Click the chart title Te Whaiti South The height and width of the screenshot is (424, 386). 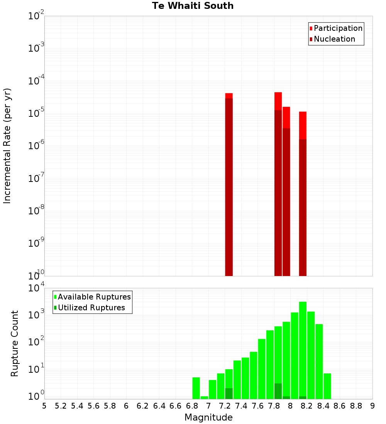click(x=193, y=6)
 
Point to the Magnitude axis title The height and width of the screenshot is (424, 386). click(x=208, y=417)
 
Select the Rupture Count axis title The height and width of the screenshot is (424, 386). click(x=15, y=343)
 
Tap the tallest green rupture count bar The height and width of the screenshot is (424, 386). click(x=303, y=347)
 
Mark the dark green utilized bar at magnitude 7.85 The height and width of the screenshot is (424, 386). click(x=278, y=391)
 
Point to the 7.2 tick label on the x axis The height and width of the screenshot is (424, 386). click(x=225, y=406)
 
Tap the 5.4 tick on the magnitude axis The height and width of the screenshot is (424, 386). click(x=77, y=406)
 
